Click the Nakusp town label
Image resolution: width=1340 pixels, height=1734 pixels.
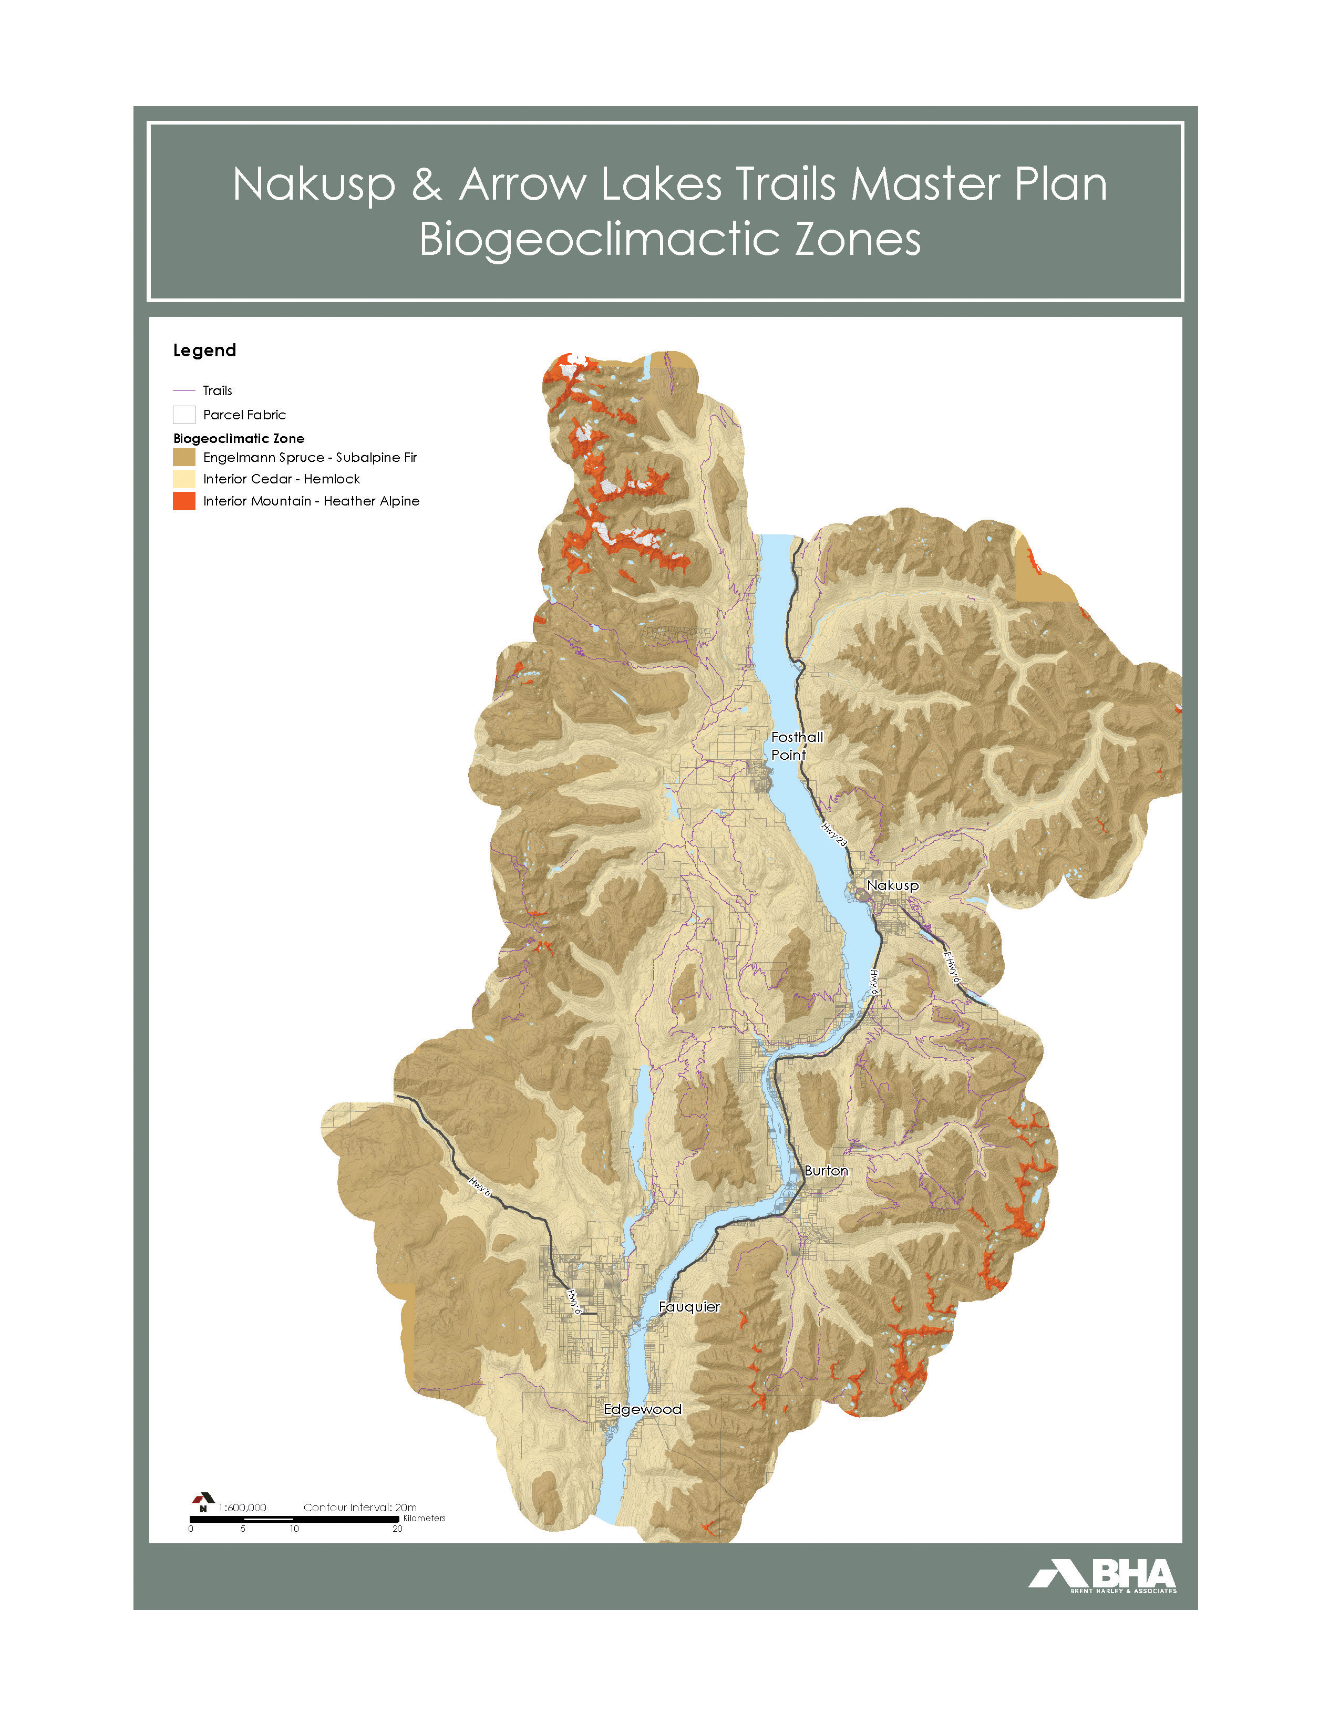click(x=892, y=885)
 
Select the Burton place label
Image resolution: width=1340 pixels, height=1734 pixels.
click(x=826, y=1170)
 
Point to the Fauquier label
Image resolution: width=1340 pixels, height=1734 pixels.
click(x=689, y=1307)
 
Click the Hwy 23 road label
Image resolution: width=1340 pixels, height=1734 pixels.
click(x=834, y=834)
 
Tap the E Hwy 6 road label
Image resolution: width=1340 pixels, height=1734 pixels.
click(x=952, y=968)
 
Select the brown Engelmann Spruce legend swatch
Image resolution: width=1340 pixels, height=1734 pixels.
click(x=184, y=457)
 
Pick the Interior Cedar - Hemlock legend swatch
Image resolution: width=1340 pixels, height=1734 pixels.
click(x=184, y=479)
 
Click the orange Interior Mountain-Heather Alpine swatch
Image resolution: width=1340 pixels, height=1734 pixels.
click(x=184, y=501)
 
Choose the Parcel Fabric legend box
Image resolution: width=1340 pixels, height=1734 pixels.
click(x=184, y=415)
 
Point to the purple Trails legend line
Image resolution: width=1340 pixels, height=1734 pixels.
click(x=184, y=390)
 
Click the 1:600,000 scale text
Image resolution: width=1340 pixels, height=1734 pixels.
click(x=243, y=1508)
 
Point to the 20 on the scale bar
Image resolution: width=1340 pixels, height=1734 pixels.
click(x=397, y=1529)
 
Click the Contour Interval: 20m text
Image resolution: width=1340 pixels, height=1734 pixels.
click(x=359, y=1508)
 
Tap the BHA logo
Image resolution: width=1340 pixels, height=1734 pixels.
click(x=1104, y=1575)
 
